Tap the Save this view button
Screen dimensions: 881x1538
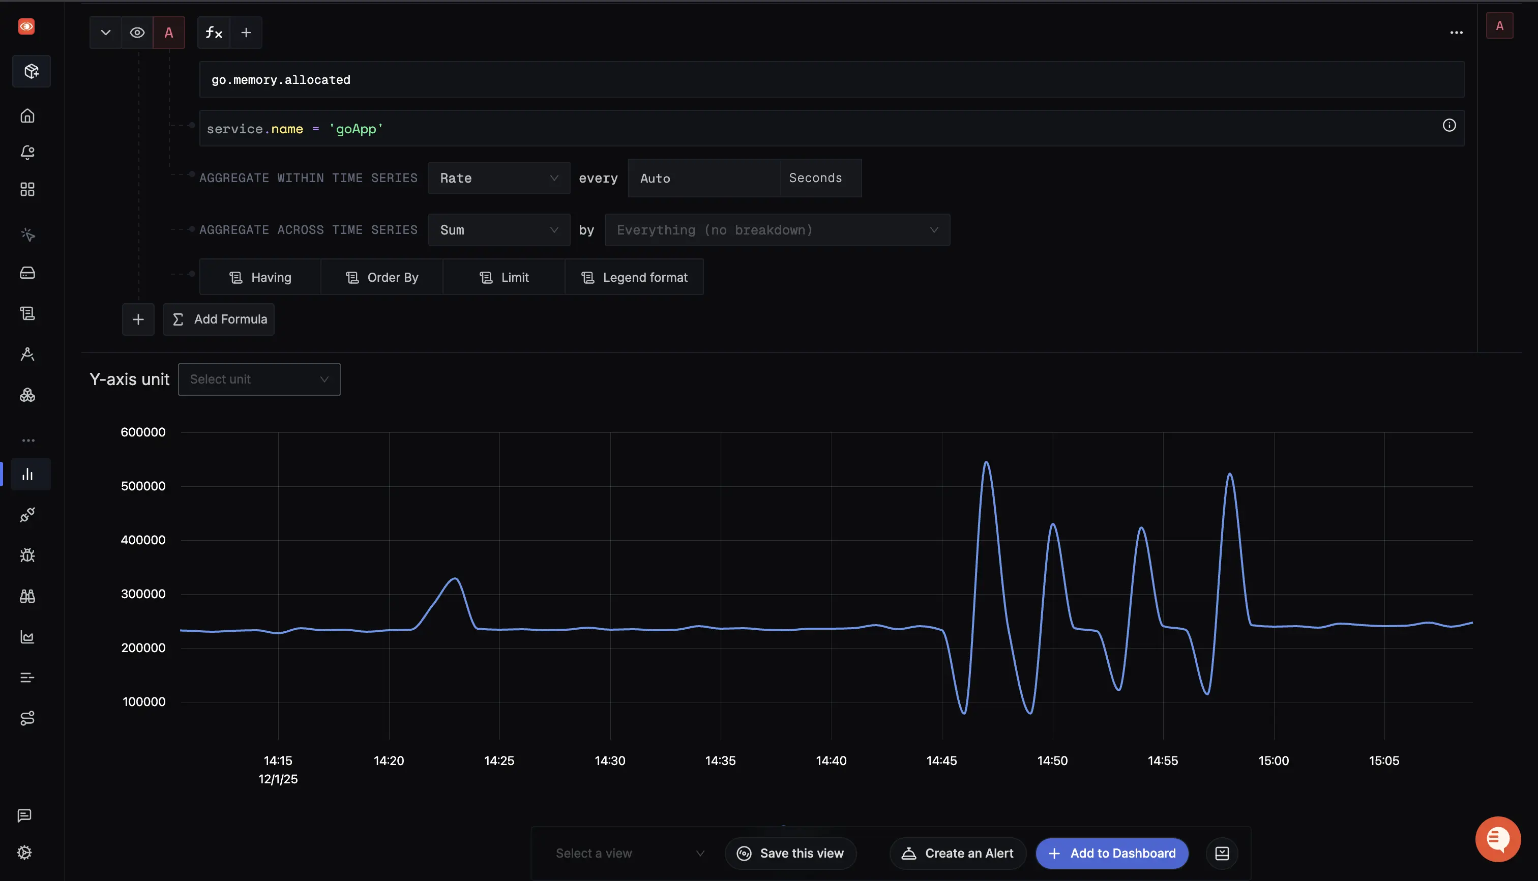pyautogui.click(x=790, y=853)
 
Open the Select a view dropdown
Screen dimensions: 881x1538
pyautogui.click(x=629, y=853)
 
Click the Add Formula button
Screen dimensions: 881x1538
pyautogui.click(x=219, y=319)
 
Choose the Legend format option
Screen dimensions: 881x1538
pyautogui.click(x=634, y=277)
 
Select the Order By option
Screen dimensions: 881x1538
pyautogui.click(x=382, y=277)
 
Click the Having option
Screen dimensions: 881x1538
pyautogui.click(x=260, y=277)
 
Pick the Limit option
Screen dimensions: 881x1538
pyautogui.click(x=504, y=277)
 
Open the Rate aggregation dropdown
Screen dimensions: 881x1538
pyautogui.click(x=498, y=178)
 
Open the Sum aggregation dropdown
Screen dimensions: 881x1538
pyautogui.click(x=498, y=230)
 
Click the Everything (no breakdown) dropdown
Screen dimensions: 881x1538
pyautogui.click(x=777, y=230)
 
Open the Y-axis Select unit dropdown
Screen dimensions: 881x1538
pyautogui.click(x=259, y=379)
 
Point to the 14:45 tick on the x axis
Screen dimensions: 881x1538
pyautogui.click(x=941, y=760)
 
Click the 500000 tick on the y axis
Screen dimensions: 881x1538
pyautogui.click(x=143, y=486)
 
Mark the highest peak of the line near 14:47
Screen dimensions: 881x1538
pyautogui.click(x=986, y=463)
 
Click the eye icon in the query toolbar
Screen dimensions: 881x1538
pyautogui.click(x=137, y=33)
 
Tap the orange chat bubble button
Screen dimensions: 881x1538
pyautogui.click(x=1497, y=839)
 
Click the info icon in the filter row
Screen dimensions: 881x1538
pyautogui.click(x=1448, y=125)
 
